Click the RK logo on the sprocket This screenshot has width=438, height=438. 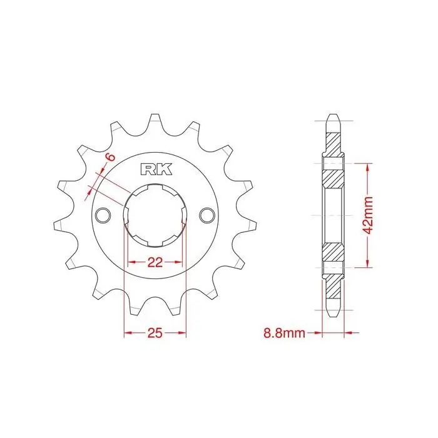156,169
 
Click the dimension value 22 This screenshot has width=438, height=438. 155,262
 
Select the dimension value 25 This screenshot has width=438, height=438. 155,333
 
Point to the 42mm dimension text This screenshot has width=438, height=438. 369,215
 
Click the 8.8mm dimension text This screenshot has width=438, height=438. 284,334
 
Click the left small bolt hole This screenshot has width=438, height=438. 103,215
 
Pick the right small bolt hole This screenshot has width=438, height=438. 207,215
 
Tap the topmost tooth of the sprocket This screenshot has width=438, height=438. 155,121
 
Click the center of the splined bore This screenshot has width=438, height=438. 155,215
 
